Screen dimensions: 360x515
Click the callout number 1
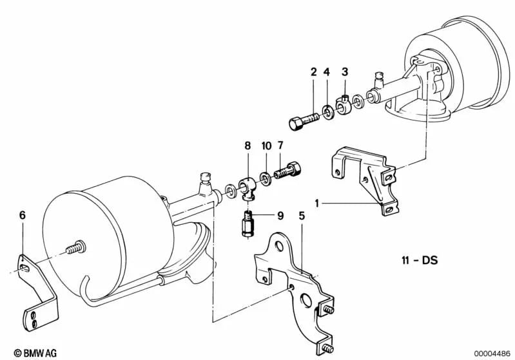click(x=316, y=203)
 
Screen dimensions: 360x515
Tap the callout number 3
click(x=345, y=71)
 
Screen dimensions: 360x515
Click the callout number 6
click(x=23, y=216)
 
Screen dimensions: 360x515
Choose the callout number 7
click(x=281, y=146)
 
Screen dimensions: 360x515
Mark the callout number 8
click(x=246, y=146)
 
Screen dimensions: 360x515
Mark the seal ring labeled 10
click(x=265, y=176)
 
